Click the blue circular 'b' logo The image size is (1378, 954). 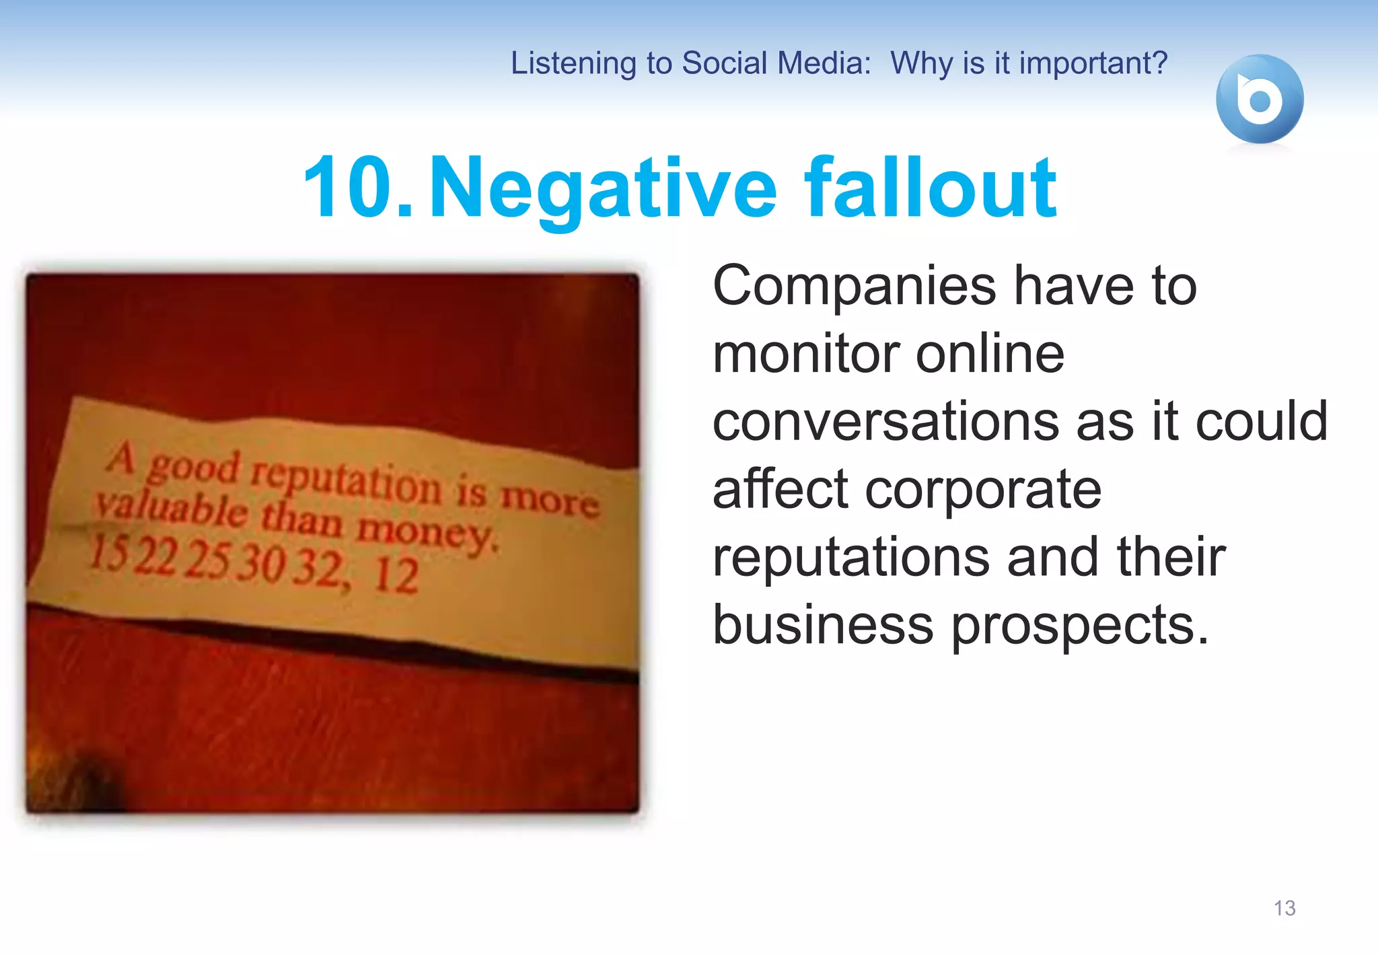1259,100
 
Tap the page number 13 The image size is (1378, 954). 1284,908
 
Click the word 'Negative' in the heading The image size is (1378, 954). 603,188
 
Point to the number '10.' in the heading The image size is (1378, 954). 357,188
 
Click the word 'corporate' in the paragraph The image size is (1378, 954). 983,490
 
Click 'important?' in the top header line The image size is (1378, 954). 1093,63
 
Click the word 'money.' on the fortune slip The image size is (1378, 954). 428,533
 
